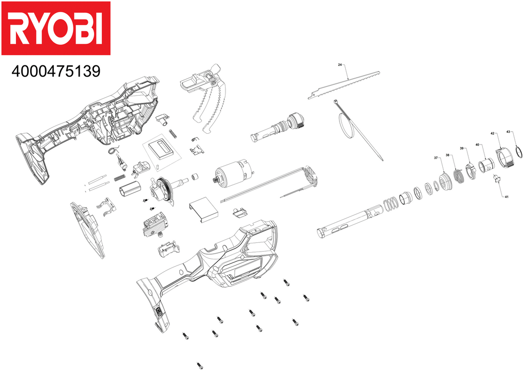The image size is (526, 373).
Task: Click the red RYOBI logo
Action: point(55,28)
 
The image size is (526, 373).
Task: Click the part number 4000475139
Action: point(55,71)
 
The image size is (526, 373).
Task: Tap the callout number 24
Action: point(340,65)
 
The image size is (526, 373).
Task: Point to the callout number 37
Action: point(436,157)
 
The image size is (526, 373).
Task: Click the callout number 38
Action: point(447,155)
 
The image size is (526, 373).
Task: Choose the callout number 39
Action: point(462,149)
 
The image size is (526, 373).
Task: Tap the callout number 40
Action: point(477,145)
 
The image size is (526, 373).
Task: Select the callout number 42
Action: point(492,133)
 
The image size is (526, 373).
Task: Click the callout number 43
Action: point(509,132)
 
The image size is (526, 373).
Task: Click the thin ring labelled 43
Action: point(518,153)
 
